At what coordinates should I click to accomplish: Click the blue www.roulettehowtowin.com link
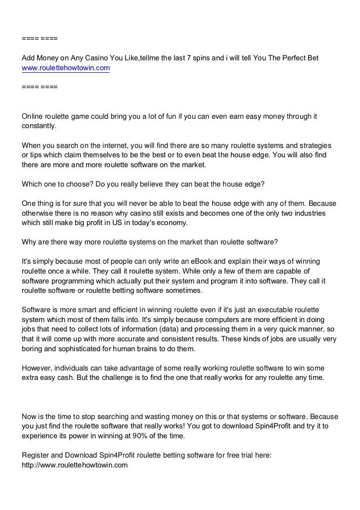[x=66, y=68]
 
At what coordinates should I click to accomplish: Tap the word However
[x=37, y=368]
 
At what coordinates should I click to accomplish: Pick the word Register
[x=36, y=455]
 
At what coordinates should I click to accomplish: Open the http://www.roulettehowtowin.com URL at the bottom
[x=75, y=465]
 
